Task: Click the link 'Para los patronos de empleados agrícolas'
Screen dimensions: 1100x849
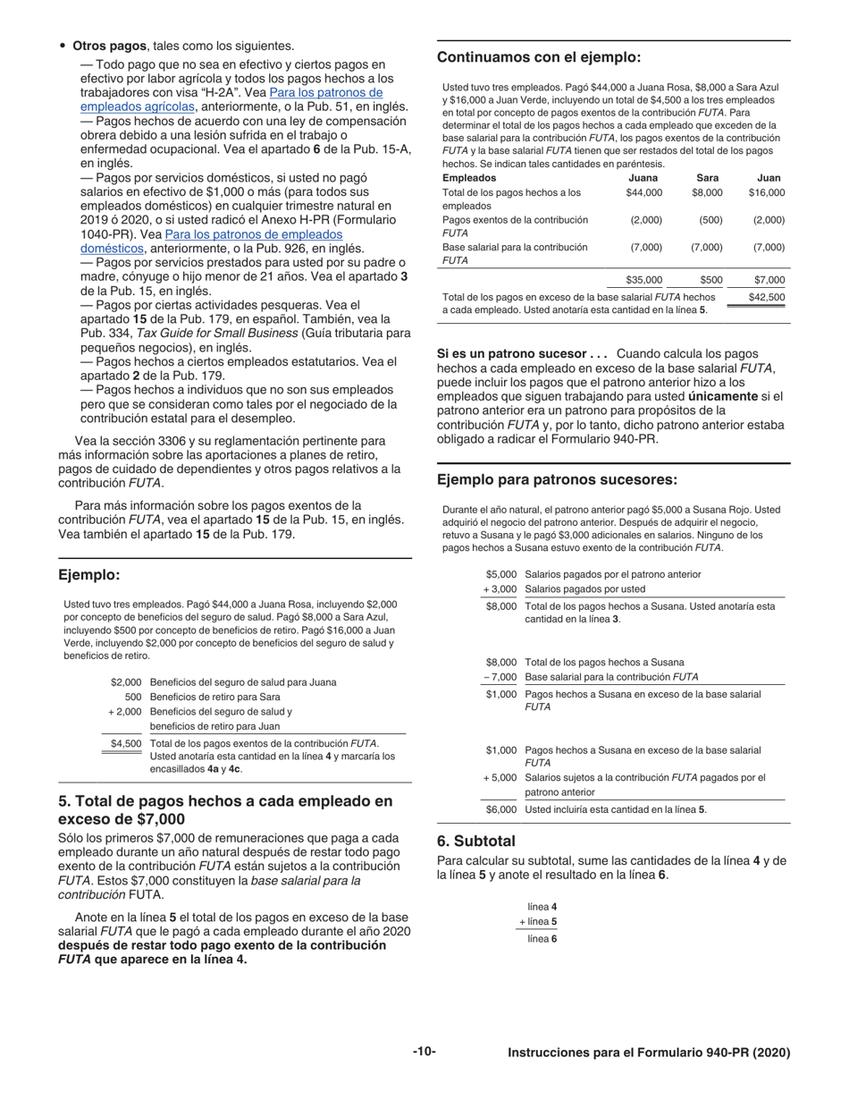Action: tap(326, 92)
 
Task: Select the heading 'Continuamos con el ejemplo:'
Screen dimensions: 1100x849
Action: tap(539, 57)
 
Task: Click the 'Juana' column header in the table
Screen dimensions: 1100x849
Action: tap(643, 177)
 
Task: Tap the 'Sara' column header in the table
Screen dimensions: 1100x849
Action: tap(707, 177)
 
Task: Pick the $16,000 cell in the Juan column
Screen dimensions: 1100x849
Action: tap(766, 192)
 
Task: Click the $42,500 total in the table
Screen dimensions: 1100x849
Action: tap(766, 297)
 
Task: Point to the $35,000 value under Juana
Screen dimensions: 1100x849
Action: tap(643, 280)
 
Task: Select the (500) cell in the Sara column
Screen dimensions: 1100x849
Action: tap(710, 219)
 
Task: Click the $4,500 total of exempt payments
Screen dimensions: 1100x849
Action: tap(125, 743)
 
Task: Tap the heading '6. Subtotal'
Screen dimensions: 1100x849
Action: tap(476, 841)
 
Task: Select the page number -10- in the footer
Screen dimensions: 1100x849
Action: tap(424, 1052)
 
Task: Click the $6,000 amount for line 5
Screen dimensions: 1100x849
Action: tap(501, 809)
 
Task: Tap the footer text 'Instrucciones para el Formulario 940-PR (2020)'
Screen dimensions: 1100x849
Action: tap(649, 1053)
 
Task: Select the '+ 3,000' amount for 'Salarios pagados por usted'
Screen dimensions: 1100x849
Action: tap(500, 588)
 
